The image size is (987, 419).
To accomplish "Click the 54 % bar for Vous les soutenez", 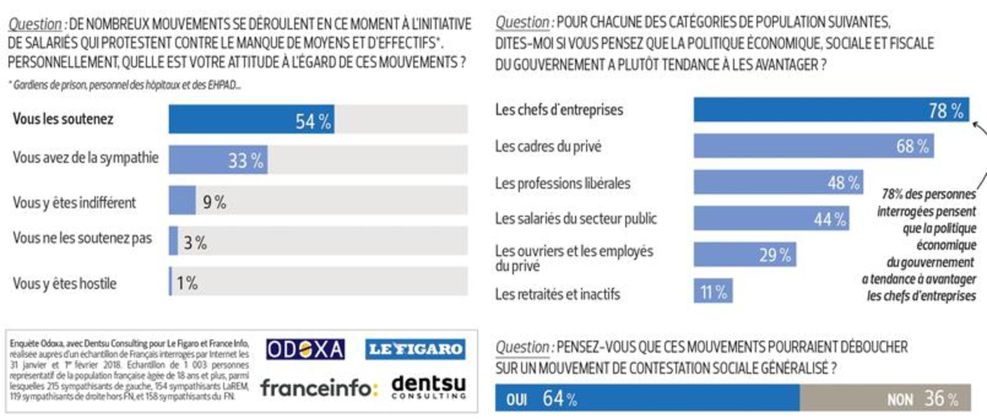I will point(251,119).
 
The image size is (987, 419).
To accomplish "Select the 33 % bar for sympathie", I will point(218,160).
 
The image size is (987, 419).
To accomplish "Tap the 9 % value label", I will point(214,202).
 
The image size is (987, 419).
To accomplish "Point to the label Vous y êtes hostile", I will point(65,284).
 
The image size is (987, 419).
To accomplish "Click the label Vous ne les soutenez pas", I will point(83,238).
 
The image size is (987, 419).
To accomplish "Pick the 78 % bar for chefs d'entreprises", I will point(831,110).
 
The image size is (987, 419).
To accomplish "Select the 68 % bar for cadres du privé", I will point(813,146).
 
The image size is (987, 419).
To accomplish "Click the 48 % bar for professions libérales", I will point(778,182).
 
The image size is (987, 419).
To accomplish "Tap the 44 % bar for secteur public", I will point(771,218).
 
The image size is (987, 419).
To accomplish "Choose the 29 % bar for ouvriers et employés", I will point(745,255).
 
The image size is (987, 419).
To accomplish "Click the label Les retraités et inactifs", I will point(557,294).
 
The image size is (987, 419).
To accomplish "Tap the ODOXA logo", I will point(305,350).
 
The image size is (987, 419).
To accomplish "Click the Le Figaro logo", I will point(415,349).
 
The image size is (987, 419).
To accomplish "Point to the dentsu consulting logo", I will point(428,388).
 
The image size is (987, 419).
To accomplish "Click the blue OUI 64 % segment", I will point(647,397).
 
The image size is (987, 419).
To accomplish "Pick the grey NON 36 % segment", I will point(885,397).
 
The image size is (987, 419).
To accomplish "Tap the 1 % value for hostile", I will point(187,283).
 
